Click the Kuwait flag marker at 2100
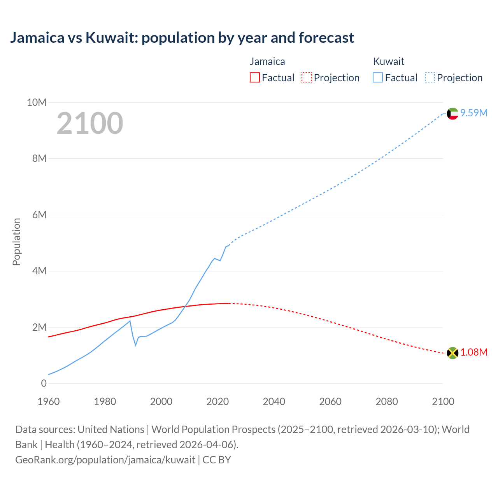pyautogui.click(x=452, y=114)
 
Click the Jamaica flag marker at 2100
pyautogui.click(x=452, y=353)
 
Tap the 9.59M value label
pyautogui.click(x=474, y=113)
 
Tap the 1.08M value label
pyautogui.click(x=474, y=352)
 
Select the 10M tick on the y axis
pyautogui.click(x=37, y=102)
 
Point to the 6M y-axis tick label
pyautogui.click(x=39, y=215)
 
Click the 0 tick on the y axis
pyautogui.click(x=44, y=383)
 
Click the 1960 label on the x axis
pyautogui.click(x=49, y=402)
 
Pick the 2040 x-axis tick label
pyautogui.click(x=274, y=402)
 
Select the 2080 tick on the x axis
pyautogui.click(x=387, y=402)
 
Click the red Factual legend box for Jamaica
pyautogui.click(x=255, y=78)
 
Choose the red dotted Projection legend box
pyautogui.click(x=307, y=78)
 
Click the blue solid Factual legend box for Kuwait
pyautogui.click(x=378, y=78)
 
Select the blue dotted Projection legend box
pyautogui.click(x=430, y=78)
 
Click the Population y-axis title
pyautogui.click(x=16, y=242)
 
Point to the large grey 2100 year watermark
pyautogui.click(x=90, y=123)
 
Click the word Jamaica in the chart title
pyautogui.click(x=37, y=38)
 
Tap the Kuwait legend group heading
pyautogui.click(x=389, y=61)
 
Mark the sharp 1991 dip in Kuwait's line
pyautogui.click(x=136, y=345)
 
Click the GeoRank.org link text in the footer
pyautogui.click(x=105, y=459)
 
